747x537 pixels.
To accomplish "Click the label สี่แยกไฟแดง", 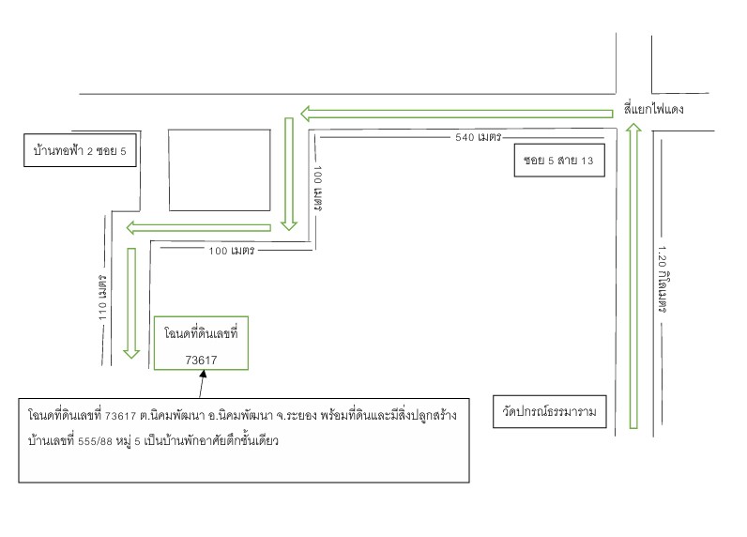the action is tap(653, 109).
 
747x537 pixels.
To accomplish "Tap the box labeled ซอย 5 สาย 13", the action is tap(559, 161).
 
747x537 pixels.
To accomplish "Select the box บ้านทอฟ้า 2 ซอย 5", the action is tap(80, 150).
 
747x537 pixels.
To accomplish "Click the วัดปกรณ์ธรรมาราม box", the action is tap(549, 411).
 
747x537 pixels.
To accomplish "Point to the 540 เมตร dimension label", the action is tap(478, 137).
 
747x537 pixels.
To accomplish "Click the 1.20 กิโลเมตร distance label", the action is tap(663, 279).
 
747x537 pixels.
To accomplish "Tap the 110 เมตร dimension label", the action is tap(102, 298).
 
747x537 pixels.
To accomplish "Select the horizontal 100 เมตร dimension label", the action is tap(232, 251).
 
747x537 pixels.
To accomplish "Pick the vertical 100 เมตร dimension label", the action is tap(318, 189).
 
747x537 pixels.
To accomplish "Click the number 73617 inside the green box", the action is tap(201, 361).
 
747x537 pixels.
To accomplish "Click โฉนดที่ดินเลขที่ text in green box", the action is tap(201, 333).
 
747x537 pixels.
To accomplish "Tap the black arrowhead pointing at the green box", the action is tap(203, 374).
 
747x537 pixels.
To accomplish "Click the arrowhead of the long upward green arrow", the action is tap(633, 127).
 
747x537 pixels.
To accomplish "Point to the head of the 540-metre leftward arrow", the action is tap(305, 114).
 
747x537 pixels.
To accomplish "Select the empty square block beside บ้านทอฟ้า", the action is tap(220, 170).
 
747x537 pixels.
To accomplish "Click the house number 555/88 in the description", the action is tap(96, 441).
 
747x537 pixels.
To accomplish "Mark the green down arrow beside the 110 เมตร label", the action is tap(131, 303).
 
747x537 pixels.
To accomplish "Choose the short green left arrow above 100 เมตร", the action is tap(199, 228).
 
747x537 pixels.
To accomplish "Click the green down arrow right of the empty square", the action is tap(289, 174).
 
